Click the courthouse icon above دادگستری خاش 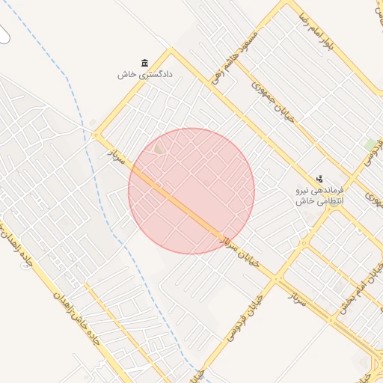tap(144, 63)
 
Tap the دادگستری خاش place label tap(145, 75)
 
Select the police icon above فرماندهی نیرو tap(319, 179)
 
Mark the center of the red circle tap(191, 191)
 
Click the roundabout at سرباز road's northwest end tap(96, 135)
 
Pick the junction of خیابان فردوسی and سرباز tap(278, 279)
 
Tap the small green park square tap(370, 143)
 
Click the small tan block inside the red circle tap(158, 150)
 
